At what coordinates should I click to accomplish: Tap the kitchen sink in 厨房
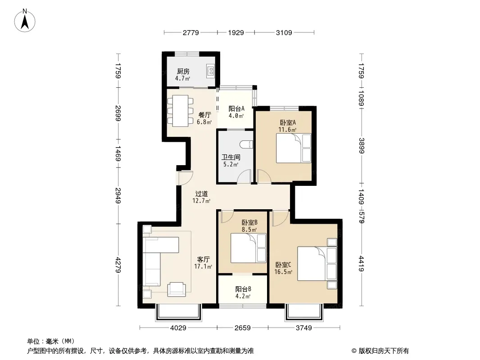click(x=211, y=71)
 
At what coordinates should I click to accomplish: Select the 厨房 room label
click(x=183, y=71)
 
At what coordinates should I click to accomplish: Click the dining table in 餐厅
click(x=180, y=111)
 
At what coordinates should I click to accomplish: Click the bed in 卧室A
click(x=294, y=148)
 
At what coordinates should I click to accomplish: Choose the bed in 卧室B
click(x=248, y=248)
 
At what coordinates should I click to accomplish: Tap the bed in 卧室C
click(x=317, y=263)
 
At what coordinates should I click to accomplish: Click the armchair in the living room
click(x=177, y=289)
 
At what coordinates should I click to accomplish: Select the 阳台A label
click(x=236, y=108)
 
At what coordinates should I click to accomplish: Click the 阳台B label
click(x=243, y=289)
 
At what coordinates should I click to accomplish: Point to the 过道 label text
click(x=201, y=193)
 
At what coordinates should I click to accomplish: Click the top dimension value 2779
click(x=191, y=32)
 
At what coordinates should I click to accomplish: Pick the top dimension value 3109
click(x=284, y=32)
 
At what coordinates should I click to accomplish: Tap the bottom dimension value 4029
click(x=178, y=328)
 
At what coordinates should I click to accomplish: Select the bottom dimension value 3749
click(x=303, y=328)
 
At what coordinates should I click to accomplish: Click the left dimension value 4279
click(x=118, y=265)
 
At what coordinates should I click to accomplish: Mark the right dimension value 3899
click(x=362, y=146)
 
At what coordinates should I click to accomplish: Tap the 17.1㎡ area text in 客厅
click(x=203, y=266)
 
